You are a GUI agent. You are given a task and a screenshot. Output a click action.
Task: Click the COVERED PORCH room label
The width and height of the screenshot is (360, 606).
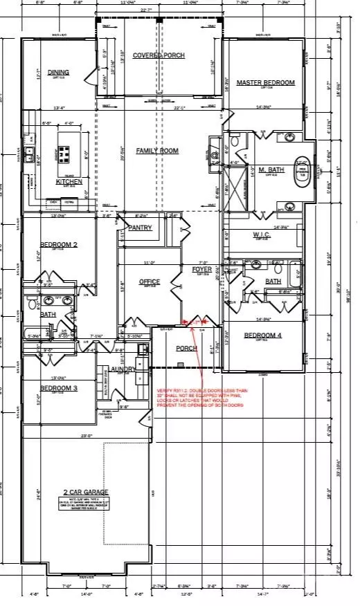click(159, 55)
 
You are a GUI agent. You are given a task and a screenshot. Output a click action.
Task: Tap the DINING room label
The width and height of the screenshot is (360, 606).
click(58, 72)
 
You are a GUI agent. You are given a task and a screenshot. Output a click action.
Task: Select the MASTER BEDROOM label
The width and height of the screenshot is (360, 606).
click(265, 82)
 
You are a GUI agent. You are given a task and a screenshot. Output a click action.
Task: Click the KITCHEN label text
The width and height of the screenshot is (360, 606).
click(69, 181)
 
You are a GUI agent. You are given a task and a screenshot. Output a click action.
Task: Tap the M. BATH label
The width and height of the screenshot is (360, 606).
click(267, 169)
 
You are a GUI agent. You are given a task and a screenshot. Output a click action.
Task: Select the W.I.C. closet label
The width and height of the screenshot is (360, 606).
click(262, 235)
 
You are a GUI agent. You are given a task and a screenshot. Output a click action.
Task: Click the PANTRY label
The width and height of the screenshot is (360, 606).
click(140, 227)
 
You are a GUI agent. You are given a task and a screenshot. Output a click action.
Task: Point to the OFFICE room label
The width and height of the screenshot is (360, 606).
click(149, 282)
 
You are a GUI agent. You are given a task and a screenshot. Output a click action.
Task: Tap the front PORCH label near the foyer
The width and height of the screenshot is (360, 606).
click(186, 348)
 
